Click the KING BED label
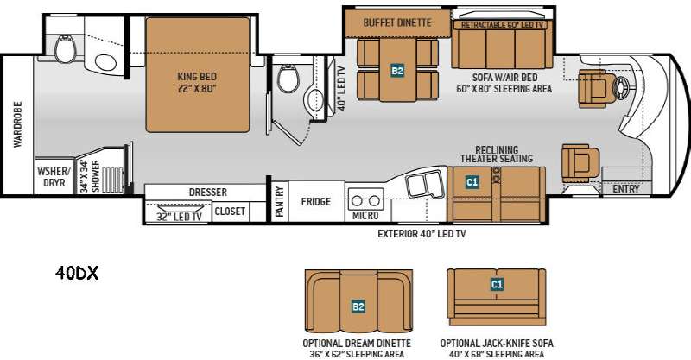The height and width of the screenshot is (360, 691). [197, 76]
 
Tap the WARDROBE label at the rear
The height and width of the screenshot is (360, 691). [17, 124]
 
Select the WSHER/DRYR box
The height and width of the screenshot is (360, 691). [54, 176]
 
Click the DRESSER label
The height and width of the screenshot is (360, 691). [207, 193]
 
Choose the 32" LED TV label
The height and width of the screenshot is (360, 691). [179, 217]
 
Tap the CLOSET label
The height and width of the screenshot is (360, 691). [230, 211]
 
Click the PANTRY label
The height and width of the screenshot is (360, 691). [279, 201]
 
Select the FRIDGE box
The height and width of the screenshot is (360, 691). [316, 201]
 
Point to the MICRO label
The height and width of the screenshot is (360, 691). [365, 216]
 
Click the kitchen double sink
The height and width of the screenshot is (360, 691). [425, 185]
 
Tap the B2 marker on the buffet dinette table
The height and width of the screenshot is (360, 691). [397, 70]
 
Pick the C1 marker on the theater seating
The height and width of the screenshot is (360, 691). [472, 181]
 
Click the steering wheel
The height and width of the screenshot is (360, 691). [622, 86]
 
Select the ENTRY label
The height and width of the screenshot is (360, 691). [625, 188]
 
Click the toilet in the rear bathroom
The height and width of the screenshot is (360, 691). [66, 48]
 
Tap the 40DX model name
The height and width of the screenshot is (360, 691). [77, 273]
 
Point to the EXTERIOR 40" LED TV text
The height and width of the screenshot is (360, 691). [422, 234]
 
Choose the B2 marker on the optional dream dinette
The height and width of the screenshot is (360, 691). [358, 306]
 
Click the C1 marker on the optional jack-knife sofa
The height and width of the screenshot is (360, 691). [497, 284]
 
